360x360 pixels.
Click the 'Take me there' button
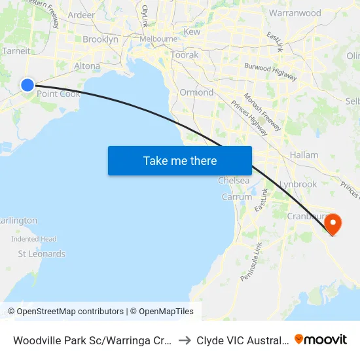[180, 160]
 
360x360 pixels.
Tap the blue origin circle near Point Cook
[27, 84]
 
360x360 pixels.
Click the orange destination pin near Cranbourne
[333, 224]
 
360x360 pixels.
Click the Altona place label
[87, 66]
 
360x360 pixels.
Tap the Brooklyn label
[100, 39]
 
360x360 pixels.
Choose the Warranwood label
[295, 12]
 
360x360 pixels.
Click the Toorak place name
[184, 55]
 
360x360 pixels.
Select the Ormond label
[196, 92]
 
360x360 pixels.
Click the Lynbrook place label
[298, 184]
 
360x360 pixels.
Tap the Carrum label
[236, 196]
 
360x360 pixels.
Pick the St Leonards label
[41, 253]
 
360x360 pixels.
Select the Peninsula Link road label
[251, 261]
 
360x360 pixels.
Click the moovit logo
[321, 339]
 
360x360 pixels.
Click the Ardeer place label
[81, 14]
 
